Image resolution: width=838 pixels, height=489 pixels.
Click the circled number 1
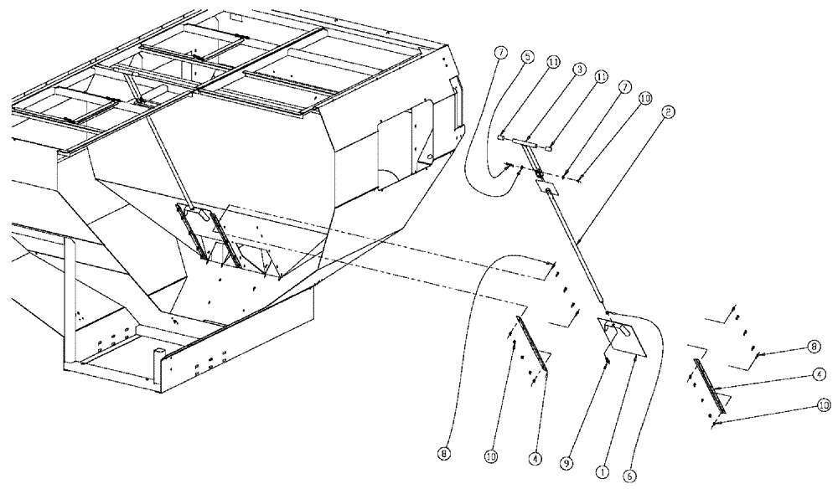coord(601,472)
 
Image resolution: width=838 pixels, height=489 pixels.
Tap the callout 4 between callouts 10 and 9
coord(533,460)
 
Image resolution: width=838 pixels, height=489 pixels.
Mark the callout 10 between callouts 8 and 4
coord(489,457)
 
